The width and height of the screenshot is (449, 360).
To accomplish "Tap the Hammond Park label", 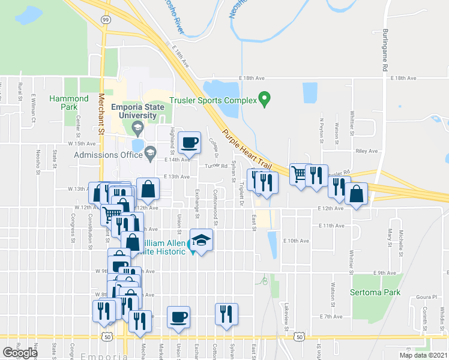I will click(x=65, y=103).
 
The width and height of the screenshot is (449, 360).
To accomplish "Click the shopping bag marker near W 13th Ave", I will click(x=148, y=189).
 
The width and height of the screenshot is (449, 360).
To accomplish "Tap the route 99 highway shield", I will click(x=106, y=20).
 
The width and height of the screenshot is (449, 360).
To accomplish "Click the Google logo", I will click(x=20, y=353).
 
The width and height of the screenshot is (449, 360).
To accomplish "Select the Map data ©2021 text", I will click(x=423, y=355).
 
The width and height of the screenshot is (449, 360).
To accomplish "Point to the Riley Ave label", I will click(x=367, y=152).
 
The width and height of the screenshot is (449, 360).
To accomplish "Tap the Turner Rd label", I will click(x=216, y=166).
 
